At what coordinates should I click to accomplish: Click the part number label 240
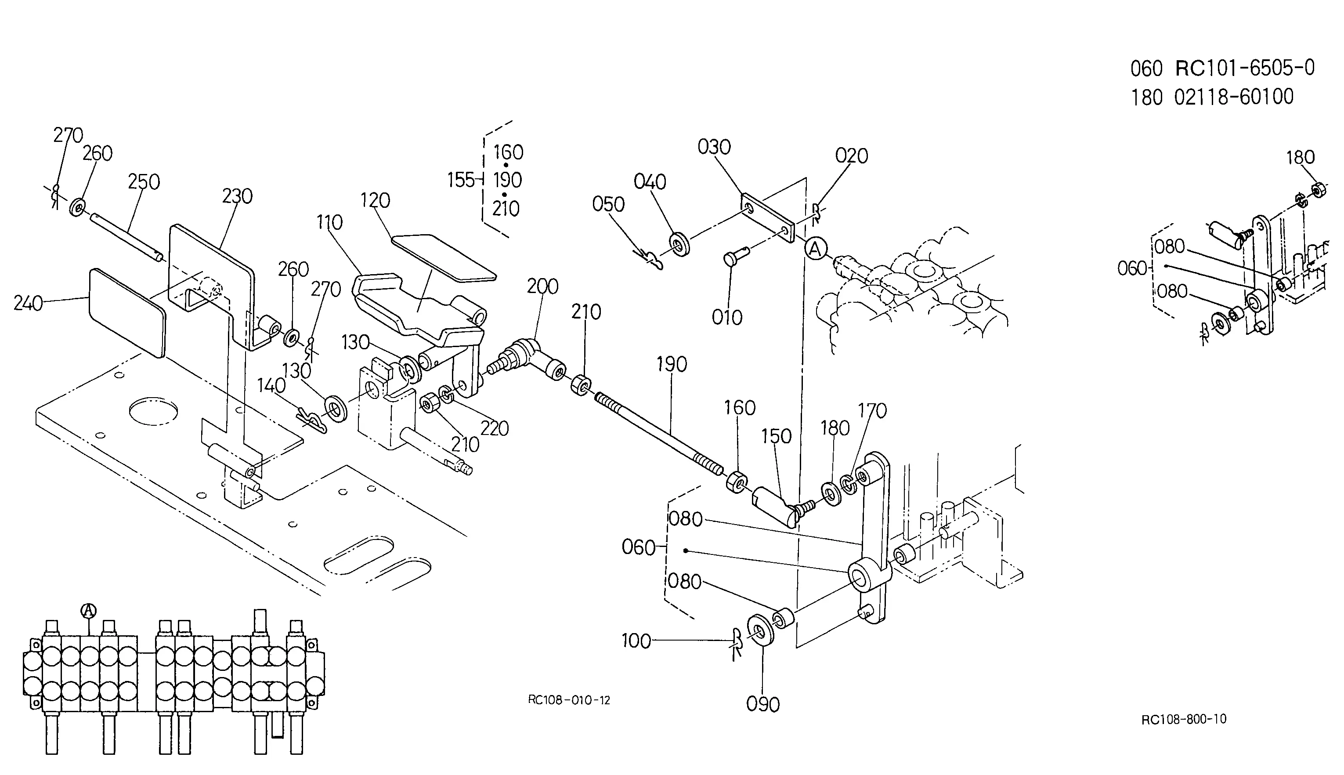click(28, 304)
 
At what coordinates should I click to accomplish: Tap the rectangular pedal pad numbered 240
click(127, 313)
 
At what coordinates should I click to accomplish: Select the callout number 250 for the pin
click(144, 182)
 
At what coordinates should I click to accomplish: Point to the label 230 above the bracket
click(237, 196)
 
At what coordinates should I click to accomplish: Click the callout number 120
click(375, 200)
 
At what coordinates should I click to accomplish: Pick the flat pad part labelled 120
click(443, 256)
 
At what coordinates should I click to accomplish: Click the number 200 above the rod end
click(543, 286)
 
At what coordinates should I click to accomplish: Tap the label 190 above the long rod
click(672, 364)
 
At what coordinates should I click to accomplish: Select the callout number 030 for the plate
click(714, 147)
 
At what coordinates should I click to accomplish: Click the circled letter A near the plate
click(815, 248)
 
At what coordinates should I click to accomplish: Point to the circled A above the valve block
click(88, 611)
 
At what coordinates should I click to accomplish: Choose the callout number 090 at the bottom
click(763, 704)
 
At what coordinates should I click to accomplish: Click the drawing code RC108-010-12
click(569, 700)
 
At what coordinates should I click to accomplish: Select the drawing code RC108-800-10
click(1184, 719)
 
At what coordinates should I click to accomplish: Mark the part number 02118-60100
click(1234, 97)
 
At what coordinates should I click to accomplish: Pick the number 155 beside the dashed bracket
click(461, 180)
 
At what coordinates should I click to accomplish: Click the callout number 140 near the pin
click(271, 385)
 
